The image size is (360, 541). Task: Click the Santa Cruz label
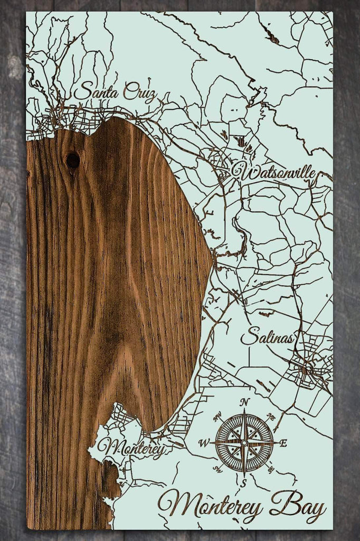[x=115, y=92]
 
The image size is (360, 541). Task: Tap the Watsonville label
[x=273, y=172]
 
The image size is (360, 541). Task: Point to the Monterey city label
[x=131, y=449]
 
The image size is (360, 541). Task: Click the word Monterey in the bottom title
[x=211, y=505]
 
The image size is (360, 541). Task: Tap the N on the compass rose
[x=244, y=402]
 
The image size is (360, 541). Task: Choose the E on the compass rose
[x=283, y=443]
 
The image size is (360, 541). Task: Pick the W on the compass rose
[x=204, y=443]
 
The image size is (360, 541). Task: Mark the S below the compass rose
[x=244, y=483]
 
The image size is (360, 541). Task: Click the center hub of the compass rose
[x=244, y=443]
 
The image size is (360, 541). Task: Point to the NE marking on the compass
[x=271, y=417]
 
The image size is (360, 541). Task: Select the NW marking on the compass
[x=217, y=417]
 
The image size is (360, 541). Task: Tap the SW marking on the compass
[x=216, y=469]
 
